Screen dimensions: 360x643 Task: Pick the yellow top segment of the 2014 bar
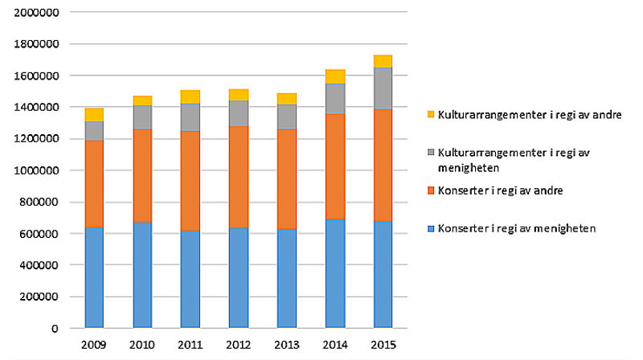(335, 76)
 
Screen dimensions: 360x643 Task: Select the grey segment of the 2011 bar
(190, 117)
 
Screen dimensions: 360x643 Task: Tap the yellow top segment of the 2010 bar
(143, 100)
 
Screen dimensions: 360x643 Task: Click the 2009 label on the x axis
(95, 346)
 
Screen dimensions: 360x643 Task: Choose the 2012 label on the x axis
(239, 346)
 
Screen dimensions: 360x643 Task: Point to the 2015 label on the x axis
(383, 346)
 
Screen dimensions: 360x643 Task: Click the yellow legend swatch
(430, 114)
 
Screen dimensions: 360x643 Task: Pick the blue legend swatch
(430, 229)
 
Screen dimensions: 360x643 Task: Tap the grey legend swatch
(430, 152)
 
